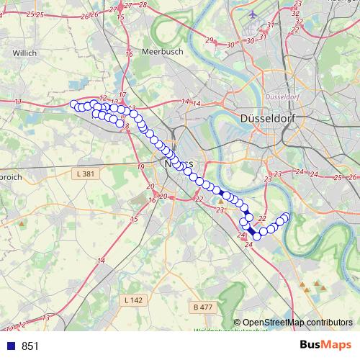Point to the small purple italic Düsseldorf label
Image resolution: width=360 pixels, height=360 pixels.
click(x=282, y=96)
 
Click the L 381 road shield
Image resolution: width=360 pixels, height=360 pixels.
click(x=86, y=174)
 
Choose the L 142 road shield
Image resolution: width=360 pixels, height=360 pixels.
click(x=134, y=300)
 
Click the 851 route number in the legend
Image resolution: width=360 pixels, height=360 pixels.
click(x=30, y=346)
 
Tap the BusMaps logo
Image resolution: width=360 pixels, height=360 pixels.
click(x=326, y=346)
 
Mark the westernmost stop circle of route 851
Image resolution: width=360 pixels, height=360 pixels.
click(x=73, y=105)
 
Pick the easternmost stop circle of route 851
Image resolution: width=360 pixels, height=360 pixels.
click(x=286, y=217)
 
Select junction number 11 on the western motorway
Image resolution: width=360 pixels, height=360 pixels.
click(x=18, y=102)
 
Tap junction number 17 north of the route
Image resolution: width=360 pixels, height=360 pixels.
click(x=123, y=95)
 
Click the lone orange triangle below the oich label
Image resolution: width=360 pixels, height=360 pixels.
click(x=22, y=224)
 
